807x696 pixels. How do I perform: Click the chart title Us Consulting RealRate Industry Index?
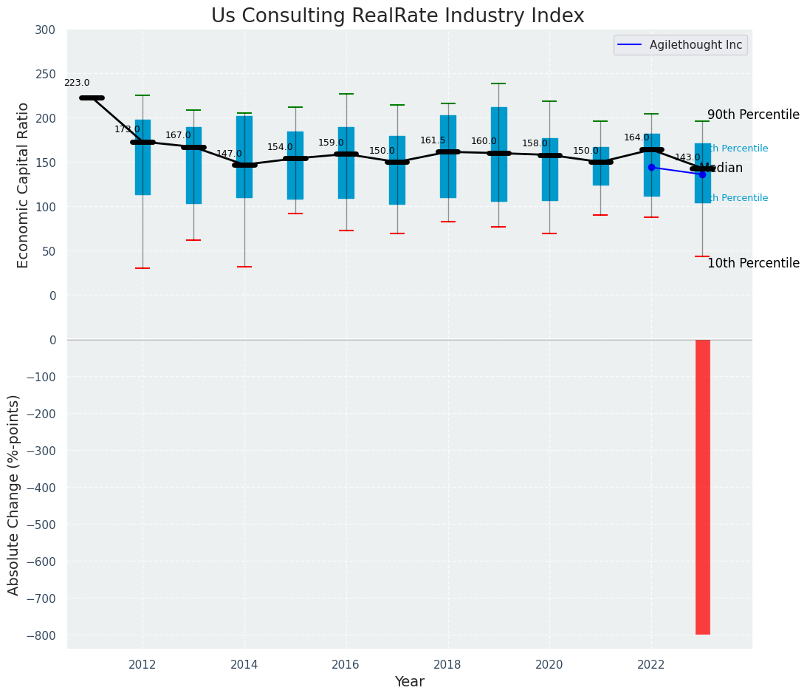click(397, 16)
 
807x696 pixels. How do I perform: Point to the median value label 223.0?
click(77, 83)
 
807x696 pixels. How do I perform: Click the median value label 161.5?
click(433, 141)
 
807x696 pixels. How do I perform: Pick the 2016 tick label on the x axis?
click(346, 665)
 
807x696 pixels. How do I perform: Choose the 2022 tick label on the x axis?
click(651, 665)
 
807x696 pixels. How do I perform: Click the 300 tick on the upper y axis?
click(45, 30)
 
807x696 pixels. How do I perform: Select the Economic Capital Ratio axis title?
click(24, 185)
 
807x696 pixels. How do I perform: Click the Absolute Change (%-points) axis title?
click(14, 494)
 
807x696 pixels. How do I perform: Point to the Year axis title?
click(409, 682)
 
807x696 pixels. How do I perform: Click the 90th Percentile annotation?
click(753, 115)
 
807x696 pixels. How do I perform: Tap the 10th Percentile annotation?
click(753, 264)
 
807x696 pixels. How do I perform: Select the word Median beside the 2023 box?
click(722, 168)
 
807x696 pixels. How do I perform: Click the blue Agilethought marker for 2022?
click(651, 168)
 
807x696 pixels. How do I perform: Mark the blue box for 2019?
click(498, 154)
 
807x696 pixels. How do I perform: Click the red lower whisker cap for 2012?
click(142, 268)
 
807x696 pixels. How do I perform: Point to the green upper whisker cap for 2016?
click(346, 94)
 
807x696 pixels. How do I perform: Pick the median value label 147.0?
click(229, 154)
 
